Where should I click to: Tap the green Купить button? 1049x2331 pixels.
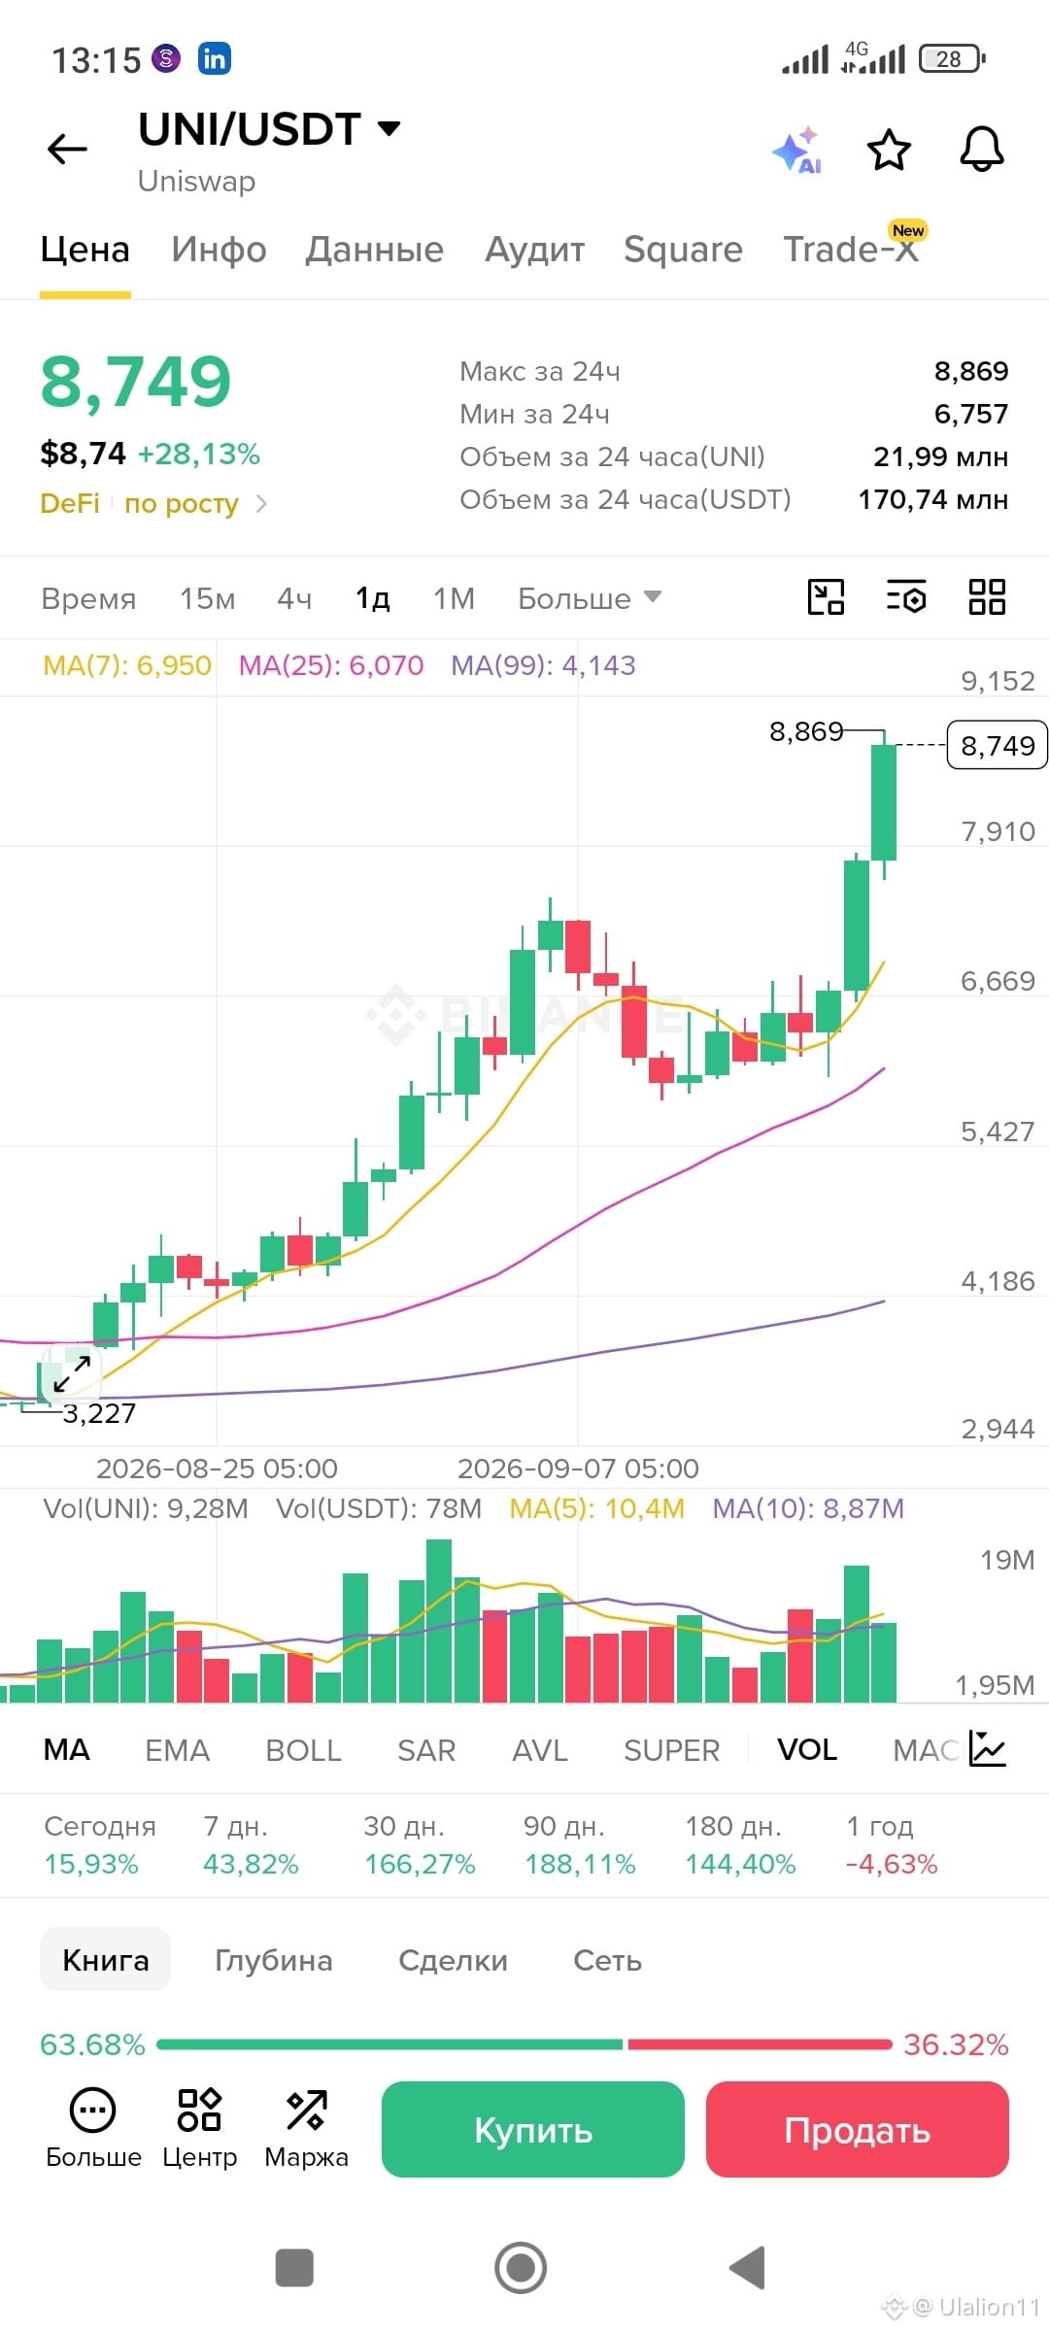point(532,2129)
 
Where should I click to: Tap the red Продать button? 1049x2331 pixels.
point(857,2129)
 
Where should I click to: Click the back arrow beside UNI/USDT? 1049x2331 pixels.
point(67,149)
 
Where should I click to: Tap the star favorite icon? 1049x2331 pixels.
point(888,150)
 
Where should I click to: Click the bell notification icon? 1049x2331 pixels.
point(982,150)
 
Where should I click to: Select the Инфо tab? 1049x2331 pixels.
point(219,250)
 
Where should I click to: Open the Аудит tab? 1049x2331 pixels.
point(534,250)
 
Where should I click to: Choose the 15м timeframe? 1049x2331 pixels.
point(207,598)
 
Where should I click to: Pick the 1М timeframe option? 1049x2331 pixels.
point(454,598)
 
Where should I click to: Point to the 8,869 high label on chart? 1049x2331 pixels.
point(806,731)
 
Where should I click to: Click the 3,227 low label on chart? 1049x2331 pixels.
point(99,1413)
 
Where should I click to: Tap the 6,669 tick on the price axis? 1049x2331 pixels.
point(998,981)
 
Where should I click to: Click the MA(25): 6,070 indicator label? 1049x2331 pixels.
point(331,665)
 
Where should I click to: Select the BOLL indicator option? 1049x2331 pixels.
point(303,1750)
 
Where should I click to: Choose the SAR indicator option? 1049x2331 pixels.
point(426,1750)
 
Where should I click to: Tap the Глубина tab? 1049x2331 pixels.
point(274,1960)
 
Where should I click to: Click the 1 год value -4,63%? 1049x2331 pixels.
point(892,1864)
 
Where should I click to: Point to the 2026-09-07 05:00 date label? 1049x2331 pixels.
point(578,1469)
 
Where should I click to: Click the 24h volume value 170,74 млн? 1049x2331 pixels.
point(932,499)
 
